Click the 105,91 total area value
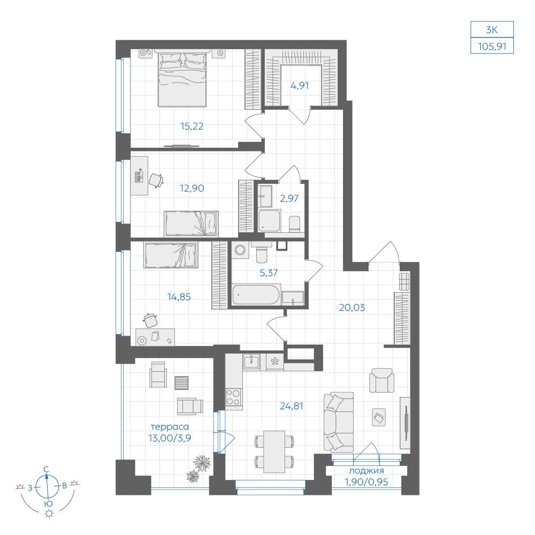pyautogui.click(x=492, y=46)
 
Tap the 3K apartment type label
pyautogui.click(x=492, y=30)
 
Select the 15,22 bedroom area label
pyautogui.click(x=192, y=126)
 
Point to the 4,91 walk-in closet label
pyautogui.click(x=300, y=86)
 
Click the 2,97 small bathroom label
pyautogui.click(x=289, y=198)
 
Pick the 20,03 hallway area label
pyautogui.click(x=352, y=308)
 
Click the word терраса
pyautogui.click(x=170, y=427)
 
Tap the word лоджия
pyautogui.click(x=366, y=471)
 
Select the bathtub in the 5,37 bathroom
pyautogui.click(x=256, y=295)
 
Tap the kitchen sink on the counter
pyautogui.click(x=251, y=361)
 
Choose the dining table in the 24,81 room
pyautogui.click(x=274, y=452)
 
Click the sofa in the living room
pyautogui.click(x=339, y=423)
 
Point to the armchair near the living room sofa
pyautogui.click(x=382, y=380)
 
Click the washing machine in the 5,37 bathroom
pyautogui.click(x=241, y=250)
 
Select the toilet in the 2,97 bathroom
pyautogui.click(x=294, y=224)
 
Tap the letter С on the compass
pyautogui.click(x=47, y=470)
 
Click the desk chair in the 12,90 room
pyautogui.click(x=156, y=180)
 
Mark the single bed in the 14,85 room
pyautogui.click(x=170, y=255)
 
